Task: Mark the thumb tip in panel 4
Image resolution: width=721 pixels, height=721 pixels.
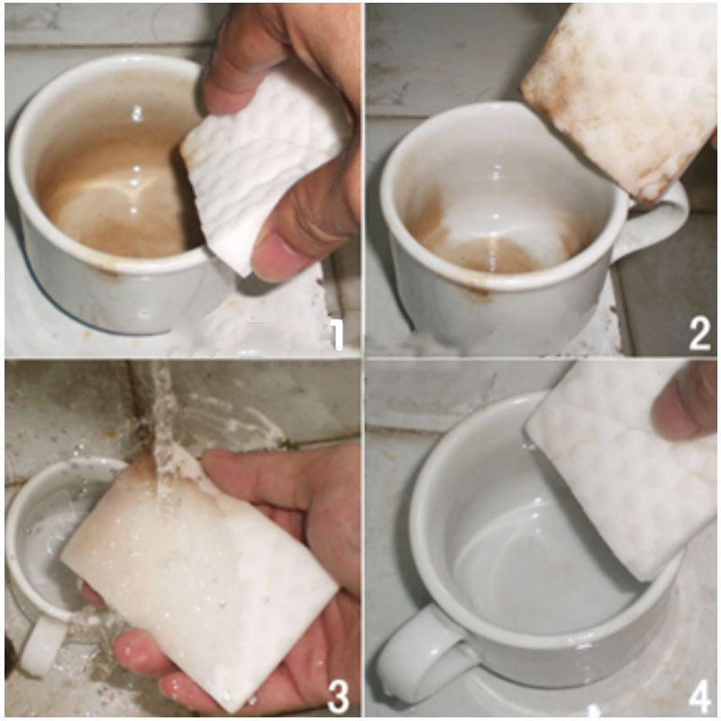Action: tap(680, 410)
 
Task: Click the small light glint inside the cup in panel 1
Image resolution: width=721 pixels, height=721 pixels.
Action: tap(137, 114)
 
